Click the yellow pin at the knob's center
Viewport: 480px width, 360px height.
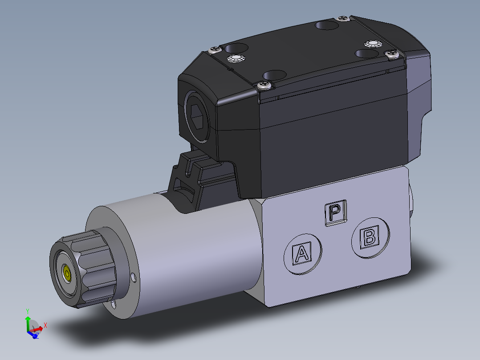coord(67,273)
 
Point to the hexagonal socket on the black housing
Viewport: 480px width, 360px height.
coord(198,116)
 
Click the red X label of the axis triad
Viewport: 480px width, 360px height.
coord(45,326)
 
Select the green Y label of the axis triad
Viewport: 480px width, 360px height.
coord(28,311)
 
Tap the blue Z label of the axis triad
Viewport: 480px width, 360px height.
coord(37,335)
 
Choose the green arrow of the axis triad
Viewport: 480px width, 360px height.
coord(27,322)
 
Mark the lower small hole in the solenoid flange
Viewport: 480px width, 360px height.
coord(114,304)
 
